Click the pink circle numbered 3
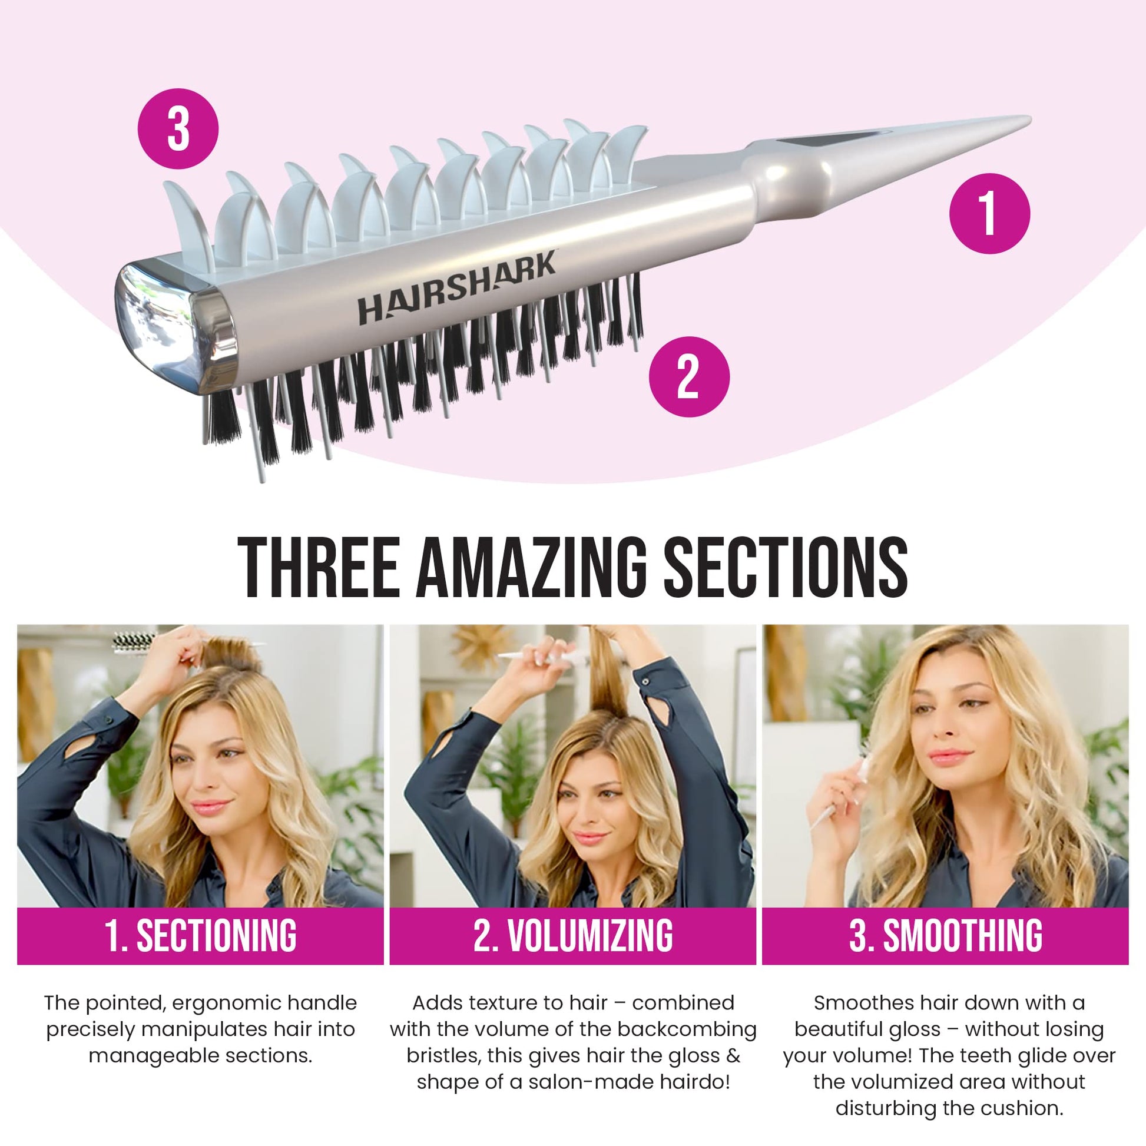pos(178,130)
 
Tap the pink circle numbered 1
pos(989,214)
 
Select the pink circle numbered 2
pos(688,377)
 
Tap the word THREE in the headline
pos(319,568)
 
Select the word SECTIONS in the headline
pos(785,568)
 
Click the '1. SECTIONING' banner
pos(200,935)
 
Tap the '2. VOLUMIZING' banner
pos(573,935)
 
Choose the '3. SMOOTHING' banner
pos(946,935)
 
